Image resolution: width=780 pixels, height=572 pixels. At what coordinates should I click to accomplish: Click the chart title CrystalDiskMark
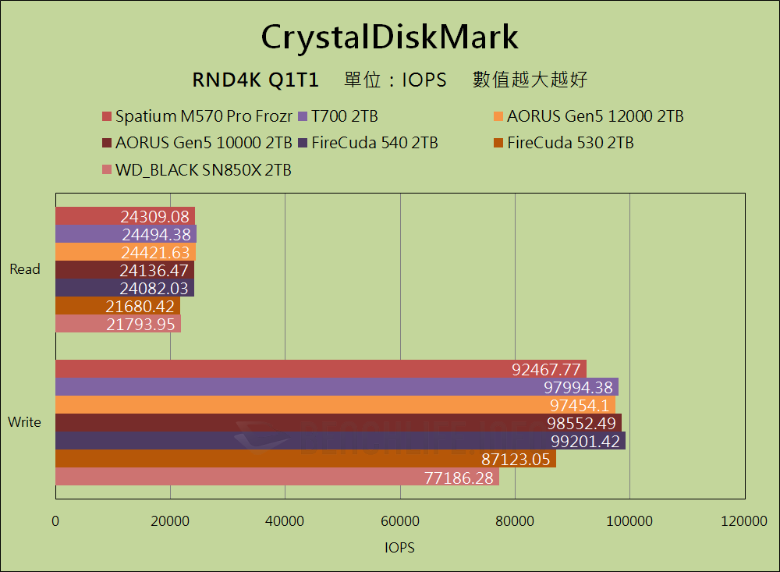389,37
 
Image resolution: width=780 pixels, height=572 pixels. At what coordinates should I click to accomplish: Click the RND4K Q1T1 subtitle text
255,80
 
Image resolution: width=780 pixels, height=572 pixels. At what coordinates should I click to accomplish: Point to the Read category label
25,269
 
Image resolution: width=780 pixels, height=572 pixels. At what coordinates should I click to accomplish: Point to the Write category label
24,422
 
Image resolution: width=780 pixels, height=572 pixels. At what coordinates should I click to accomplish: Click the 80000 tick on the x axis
515,520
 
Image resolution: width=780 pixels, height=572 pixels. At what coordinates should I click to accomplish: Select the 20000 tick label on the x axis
170,520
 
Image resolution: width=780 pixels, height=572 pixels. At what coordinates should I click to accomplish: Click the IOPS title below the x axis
399,547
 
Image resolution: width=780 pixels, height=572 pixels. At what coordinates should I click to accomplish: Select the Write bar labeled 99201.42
340,441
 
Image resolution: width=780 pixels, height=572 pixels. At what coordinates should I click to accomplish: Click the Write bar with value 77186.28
277,477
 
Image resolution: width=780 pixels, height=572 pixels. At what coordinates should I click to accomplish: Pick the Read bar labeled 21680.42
118,306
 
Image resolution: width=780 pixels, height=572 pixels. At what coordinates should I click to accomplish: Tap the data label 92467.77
547,369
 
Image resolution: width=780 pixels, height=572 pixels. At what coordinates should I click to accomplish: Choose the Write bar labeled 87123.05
305,459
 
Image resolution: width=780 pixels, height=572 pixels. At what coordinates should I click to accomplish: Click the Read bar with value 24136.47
125,270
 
